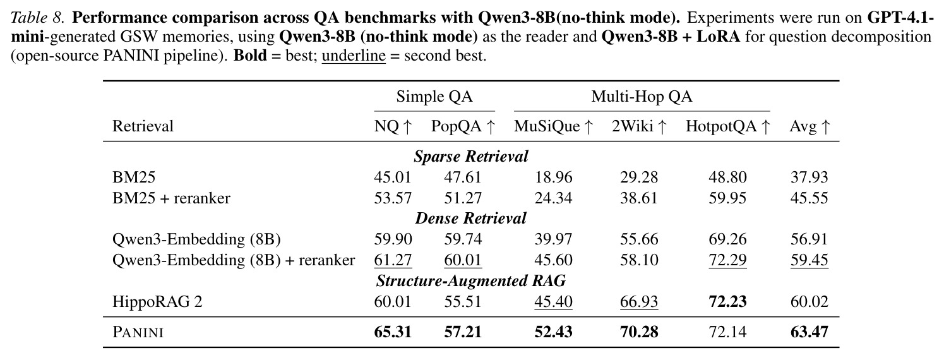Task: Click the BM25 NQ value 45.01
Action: click(x=392, y=177)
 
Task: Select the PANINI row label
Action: click(x=138, y=332)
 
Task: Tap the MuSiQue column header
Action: click(x=553, y=126)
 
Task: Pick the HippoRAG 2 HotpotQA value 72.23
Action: click(x=727, y=301)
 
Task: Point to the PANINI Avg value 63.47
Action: click(x=809, y=332)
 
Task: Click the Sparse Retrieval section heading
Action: click(x=470, y=157)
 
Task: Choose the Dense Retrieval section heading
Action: click(x=470, y=218)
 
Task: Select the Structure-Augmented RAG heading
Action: click(x=470, y=280)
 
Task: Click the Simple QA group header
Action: click(x=434, y=97)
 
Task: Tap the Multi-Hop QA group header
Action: click(x=642, y=97)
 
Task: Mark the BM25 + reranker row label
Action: click(x=171, y=198)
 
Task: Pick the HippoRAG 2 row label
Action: click(x=157, y=302)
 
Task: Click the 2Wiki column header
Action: click(x=639, y=126)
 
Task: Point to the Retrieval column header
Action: click(x=143, y=126)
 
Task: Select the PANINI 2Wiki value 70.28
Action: click(x=639, y=332)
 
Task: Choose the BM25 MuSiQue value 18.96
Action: click(x=553, y=177)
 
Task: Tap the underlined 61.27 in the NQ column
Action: click(x=393, y=260)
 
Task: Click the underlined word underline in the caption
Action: click(x=354, y=56)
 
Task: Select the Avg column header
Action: click(x=809, y=126)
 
